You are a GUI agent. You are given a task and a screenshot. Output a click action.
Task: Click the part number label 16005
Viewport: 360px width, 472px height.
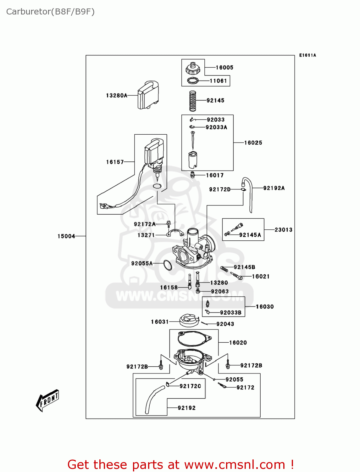224,68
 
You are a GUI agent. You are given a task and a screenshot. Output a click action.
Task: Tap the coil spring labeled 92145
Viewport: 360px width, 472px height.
193,101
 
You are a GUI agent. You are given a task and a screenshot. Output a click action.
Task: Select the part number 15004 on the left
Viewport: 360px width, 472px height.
66,236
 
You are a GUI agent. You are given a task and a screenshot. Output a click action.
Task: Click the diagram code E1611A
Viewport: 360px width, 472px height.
307,55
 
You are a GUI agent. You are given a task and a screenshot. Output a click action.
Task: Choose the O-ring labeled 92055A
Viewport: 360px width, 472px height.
168,265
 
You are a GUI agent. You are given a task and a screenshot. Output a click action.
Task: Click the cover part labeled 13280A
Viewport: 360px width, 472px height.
148,95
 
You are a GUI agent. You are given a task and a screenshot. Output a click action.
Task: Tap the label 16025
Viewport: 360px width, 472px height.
253,143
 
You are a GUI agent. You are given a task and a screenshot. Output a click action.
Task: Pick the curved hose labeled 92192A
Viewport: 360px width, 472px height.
248,194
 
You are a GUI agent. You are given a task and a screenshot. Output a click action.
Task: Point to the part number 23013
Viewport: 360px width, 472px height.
283,230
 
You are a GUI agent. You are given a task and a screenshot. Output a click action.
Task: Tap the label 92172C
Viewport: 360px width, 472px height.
190,386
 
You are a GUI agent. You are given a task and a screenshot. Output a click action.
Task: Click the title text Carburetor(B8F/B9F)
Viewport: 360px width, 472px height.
50,12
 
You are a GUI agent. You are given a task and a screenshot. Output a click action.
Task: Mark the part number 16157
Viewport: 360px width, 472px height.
115,162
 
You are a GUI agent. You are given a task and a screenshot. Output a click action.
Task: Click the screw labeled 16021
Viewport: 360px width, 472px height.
237,276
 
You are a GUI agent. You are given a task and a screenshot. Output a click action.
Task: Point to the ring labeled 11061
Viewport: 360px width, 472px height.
193,81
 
